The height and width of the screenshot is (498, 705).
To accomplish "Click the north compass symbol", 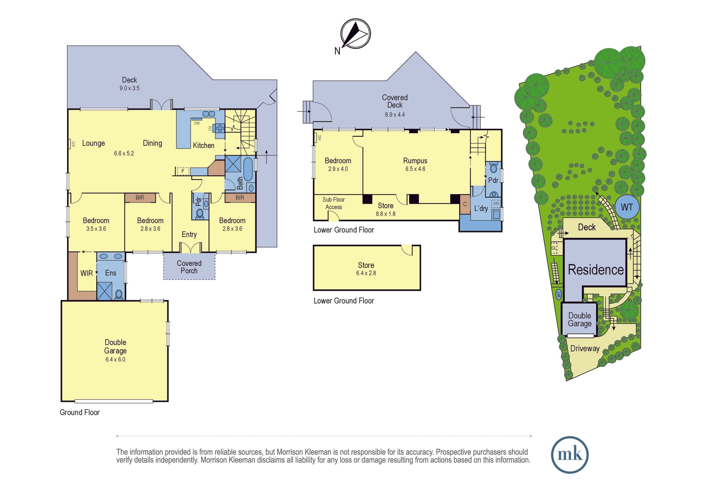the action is point(355,34).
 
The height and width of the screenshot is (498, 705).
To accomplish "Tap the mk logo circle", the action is point(570,455).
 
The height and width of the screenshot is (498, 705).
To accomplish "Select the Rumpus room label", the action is point(415,161).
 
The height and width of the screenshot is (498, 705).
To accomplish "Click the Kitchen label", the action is point(203,145).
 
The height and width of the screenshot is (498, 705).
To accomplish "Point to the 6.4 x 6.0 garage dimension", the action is point(115,359).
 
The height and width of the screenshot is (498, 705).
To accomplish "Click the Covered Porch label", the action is point(189,267).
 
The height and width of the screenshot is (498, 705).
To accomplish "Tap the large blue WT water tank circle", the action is point(627,207).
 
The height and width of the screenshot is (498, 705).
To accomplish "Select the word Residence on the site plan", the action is point(596,269).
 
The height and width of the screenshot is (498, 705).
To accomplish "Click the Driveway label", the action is point(585,348).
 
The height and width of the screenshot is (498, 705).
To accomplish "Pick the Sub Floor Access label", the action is point(333,203).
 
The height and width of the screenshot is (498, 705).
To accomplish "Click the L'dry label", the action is point(481,208).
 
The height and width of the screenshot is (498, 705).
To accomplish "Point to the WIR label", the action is point(86,273).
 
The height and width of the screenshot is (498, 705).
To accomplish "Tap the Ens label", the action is point(110,273).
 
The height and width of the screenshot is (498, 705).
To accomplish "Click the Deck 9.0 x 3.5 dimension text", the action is point(129,88).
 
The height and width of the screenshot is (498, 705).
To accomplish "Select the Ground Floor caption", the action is point(80,412).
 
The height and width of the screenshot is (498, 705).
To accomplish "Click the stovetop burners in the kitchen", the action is point(220,128).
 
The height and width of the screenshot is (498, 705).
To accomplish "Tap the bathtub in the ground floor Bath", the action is point(248,169).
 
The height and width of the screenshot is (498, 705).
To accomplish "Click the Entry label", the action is point(189,234).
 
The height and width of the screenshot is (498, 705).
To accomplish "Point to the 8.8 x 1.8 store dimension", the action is point(386,214).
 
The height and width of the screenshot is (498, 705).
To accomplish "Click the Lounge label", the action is point(93,143).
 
